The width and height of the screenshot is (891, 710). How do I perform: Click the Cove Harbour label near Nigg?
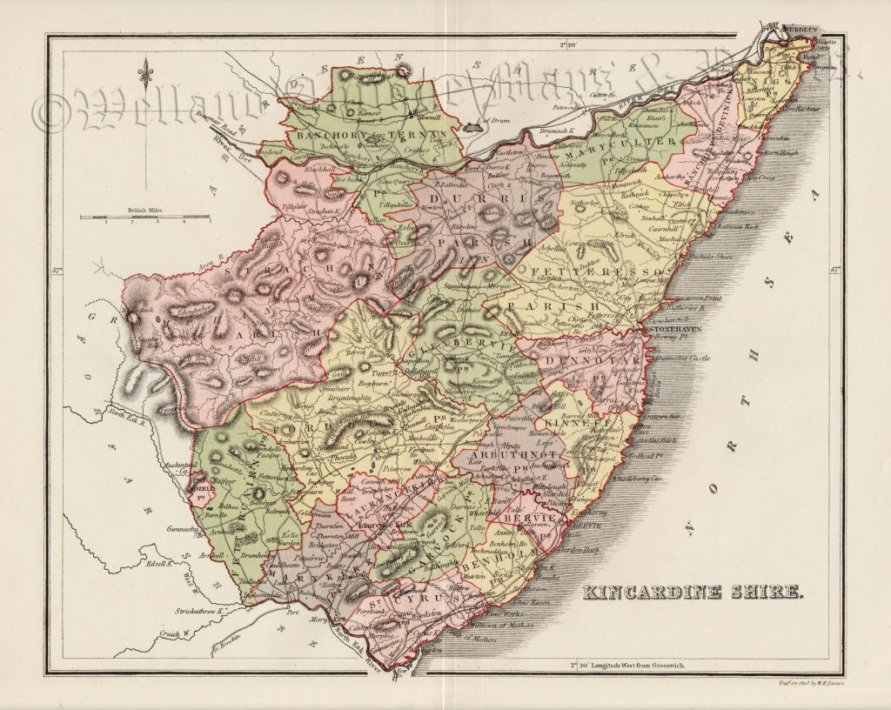pos(804,111)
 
